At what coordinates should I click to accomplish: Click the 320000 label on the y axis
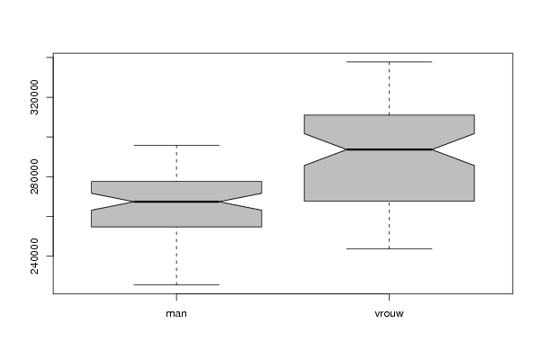[34, 97]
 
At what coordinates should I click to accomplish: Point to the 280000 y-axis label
[34, 176]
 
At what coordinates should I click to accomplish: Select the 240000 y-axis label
[34, 256]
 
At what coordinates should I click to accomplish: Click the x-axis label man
[176, 313]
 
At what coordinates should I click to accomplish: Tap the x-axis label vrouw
[389, 313]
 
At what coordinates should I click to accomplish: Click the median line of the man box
[176, 202]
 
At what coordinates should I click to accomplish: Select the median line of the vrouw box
[389, 149]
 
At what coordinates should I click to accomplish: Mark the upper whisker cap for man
[176, 145]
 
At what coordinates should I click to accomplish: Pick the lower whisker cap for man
[176, 284]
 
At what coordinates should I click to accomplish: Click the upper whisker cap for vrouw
[389, 62]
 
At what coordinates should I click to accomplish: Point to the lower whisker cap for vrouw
[389, 248]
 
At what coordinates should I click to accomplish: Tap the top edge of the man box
[176, 181]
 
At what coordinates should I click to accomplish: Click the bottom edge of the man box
[176, 227]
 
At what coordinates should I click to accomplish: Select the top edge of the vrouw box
[389, 115]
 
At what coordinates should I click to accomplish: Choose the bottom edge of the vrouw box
[389, 201]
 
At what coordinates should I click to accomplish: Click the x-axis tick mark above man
[176, 297]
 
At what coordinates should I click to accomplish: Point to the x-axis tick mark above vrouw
[389, 297]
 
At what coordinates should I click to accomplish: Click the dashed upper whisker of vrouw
[389, 88]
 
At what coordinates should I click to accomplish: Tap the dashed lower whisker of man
[176, 256]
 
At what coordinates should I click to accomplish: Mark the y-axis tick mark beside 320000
[49, 97]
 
